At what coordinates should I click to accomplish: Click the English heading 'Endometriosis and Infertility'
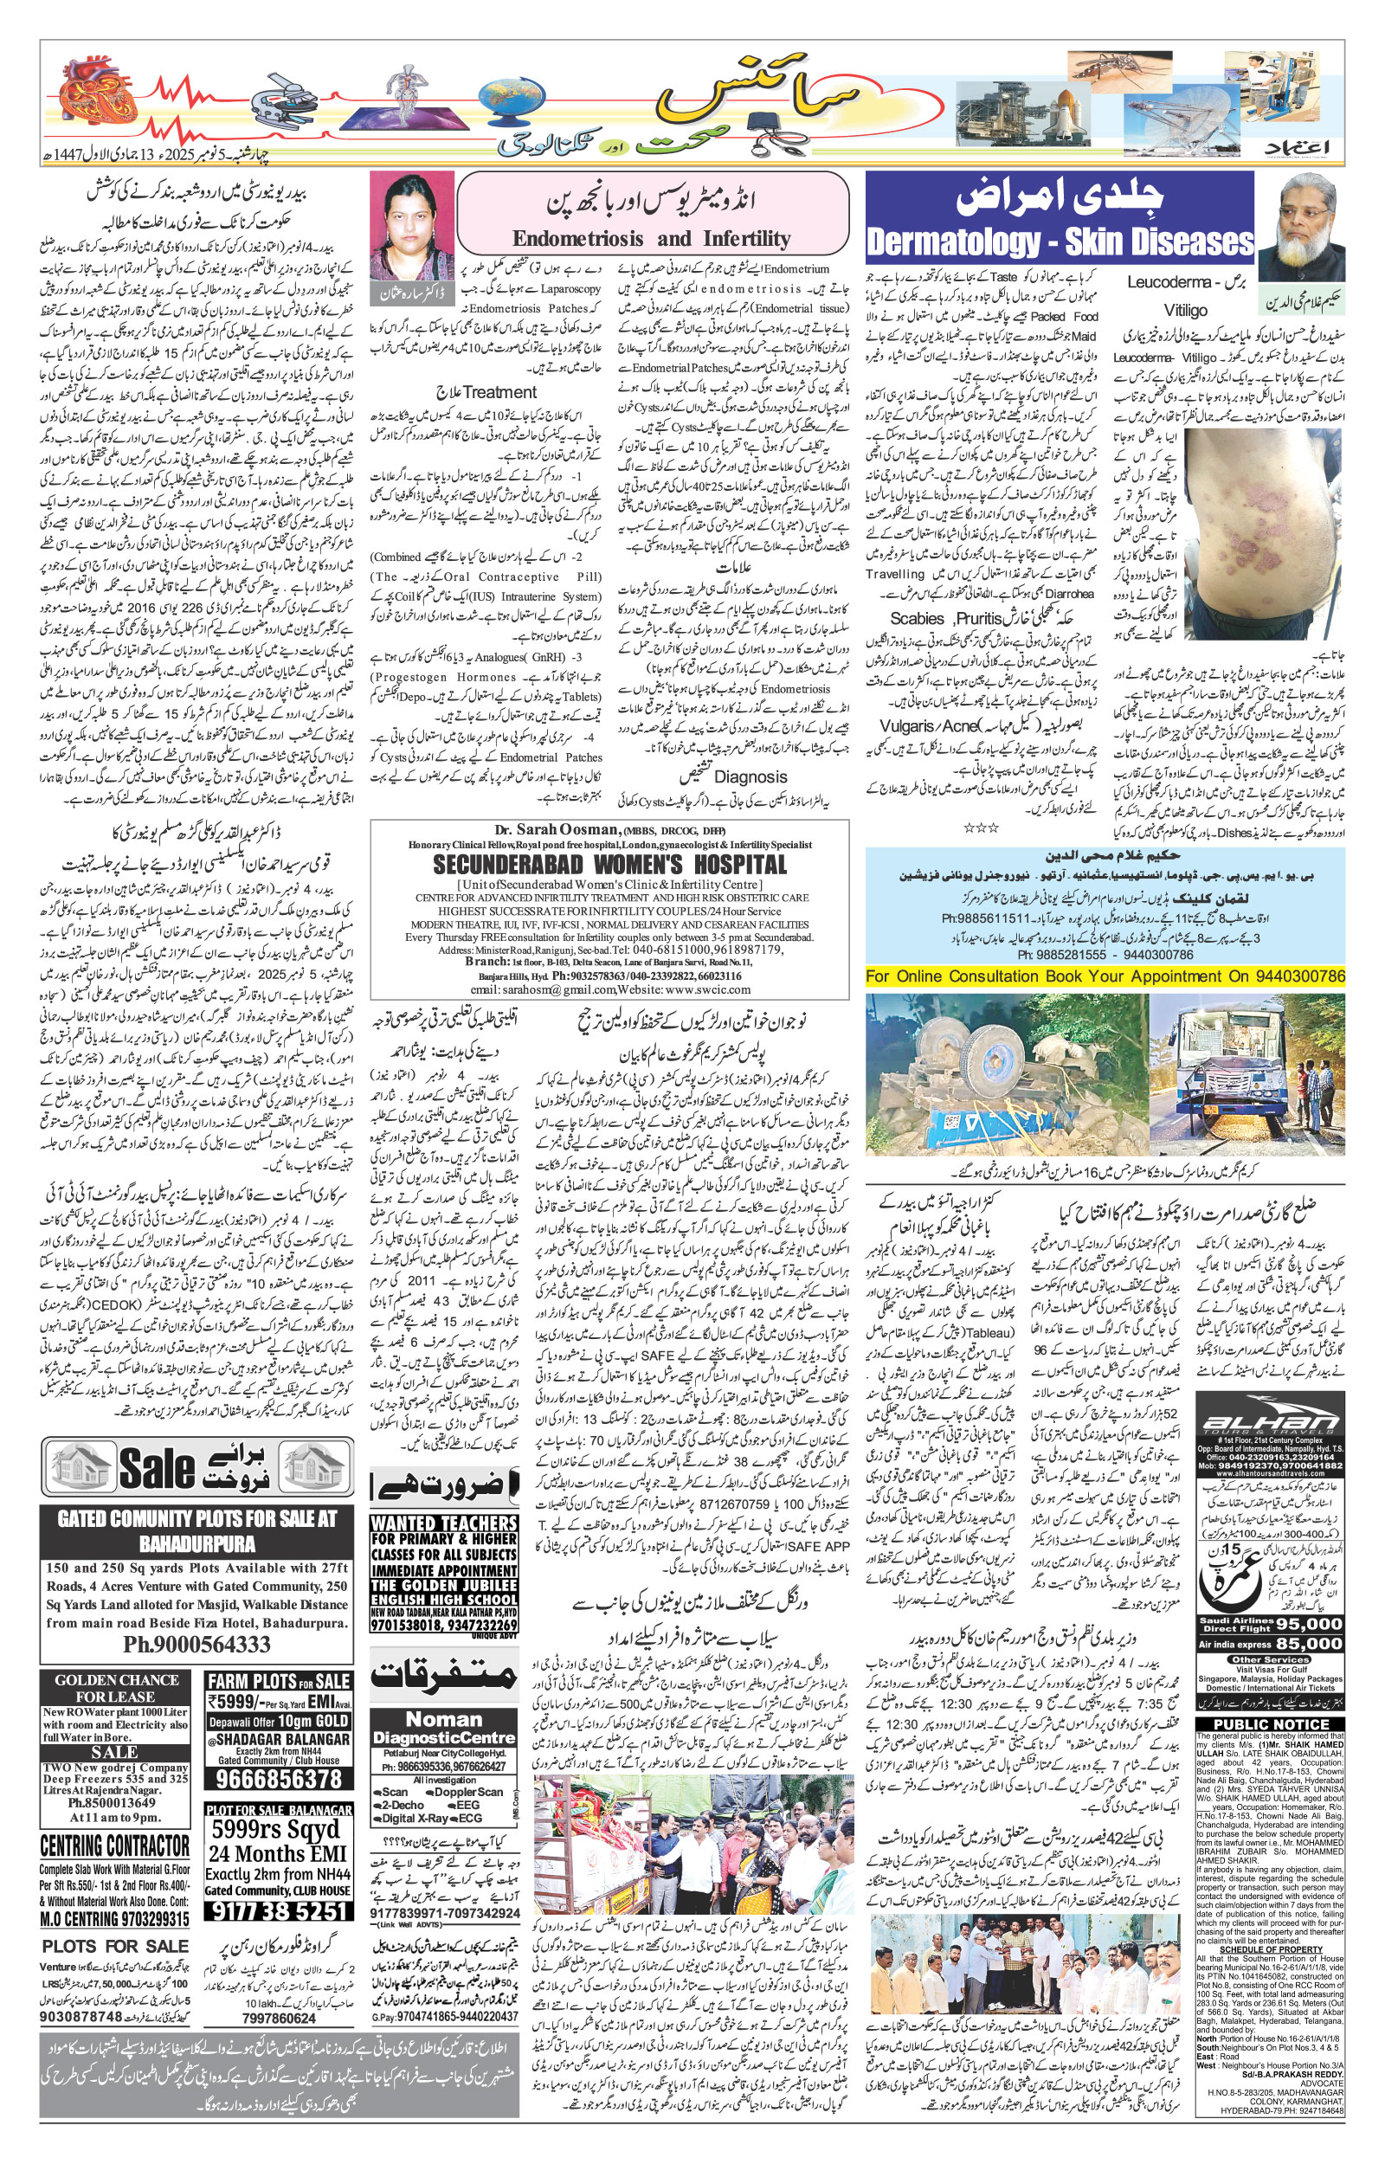tap(651, 239)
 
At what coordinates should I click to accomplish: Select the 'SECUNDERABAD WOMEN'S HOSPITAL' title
tap(609, 865)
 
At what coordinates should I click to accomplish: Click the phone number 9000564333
tap(196, 1645)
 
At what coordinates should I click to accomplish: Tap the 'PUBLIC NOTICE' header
tap(1271, 1724)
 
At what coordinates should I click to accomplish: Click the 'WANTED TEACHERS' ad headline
tap(443, 1523)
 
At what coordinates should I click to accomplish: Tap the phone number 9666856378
tap(279, 1779)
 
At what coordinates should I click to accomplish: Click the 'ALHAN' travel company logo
tap(1270, 1422)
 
